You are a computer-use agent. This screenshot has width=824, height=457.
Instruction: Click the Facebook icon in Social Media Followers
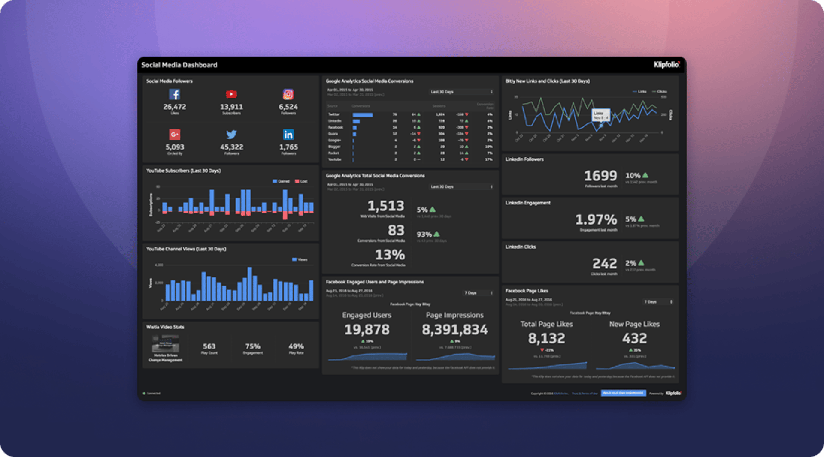click(174, 94)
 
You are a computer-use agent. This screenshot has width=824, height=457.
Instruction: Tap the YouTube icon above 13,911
click(231, 94)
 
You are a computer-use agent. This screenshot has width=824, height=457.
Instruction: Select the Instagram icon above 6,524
click(288, 94)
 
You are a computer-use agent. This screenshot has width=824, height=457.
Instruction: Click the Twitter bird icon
click(231, 135)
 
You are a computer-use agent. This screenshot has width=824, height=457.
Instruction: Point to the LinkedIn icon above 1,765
click(288, 135)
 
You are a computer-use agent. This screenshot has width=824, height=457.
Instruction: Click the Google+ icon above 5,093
click(174, 135)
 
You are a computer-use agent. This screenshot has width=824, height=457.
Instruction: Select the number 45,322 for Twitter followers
click(231, 147)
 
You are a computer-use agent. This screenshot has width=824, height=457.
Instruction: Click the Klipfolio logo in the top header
click(666, 65)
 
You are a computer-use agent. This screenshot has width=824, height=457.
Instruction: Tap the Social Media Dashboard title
click(179, 65)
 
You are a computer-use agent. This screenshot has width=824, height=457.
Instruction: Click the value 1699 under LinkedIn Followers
click(600, 176)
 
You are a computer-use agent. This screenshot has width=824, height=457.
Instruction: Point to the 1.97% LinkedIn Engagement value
click(596, 220)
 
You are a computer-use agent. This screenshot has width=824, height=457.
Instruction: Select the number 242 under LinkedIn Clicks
click(604, 264)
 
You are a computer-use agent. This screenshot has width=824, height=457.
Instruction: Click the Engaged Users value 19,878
click(367, 330)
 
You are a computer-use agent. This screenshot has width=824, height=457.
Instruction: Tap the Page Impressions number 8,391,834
click(454, 330)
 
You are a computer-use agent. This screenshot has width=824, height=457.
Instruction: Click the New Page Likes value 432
click(634, 339)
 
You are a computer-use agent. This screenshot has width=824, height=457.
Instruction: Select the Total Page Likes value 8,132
click(546, 339)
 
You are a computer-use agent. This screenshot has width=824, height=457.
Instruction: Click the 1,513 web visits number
click(385, 206)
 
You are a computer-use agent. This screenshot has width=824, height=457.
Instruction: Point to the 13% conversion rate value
click(390, 255)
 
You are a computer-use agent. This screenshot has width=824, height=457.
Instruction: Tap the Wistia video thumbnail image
click(165, 344)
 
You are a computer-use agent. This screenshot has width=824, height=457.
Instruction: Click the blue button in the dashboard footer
click(623, 393)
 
